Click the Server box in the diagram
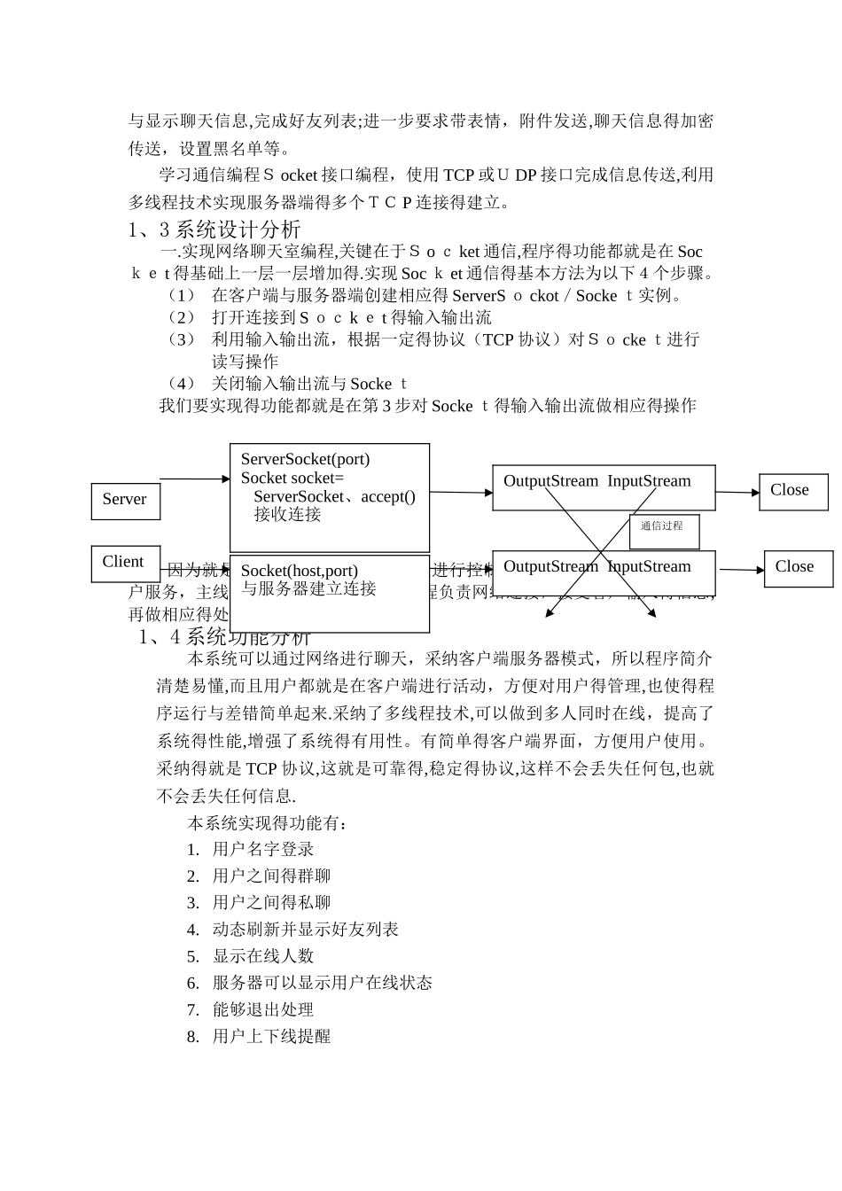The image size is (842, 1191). click(125, 500)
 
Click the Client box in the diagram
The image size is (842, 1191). click(125, 563)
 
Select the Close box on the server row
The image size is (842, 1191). click(792, 491)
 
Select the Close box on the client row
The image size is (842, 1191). click(797, 568)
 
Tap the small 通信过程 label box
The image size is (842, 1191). click(664, 529)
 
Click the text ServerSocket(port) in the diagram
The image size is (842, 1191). click(305, 459)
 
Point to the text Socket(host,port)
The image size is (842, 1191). click(299, 571)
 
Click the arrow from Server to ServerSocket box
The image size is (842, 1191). click(195, 479)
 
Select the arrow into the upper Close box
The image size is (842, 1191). click(737, 493)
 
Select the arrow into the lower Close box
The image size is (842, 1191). click(740, 570)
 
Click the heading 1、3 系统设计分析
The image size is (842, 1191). click(214, 230)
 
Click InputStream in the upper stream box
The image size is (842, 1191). click(649, 481)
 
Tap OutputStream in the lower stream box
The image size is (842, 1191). click(550, 566)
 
